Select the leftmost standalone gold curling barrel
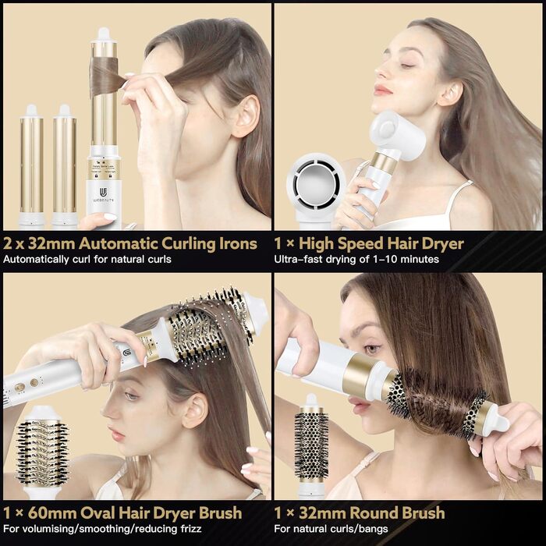[31, 164]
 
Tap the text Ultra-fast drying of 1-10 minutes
[356, 259]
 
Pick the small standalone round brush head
[311, 445]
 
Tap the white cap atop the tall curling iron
[103, 35]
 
